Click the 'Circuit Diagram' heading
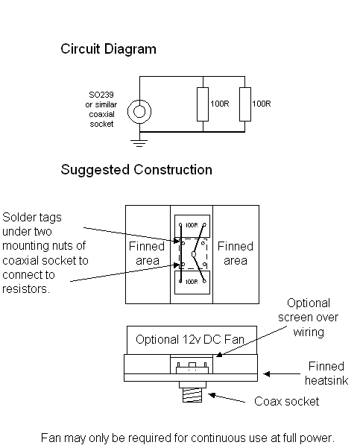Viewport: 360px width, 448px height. [x=108, y=49]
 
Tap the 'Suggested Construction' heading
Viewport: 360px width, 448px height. [x=136, y=170]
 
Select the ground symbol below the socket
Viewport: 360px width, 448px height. [x=139, y=143]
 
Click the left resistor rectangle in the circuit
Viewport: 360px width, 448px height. [x=203, y=104]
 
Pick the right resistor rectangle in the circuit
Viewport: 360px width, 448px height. [x=245, y=104]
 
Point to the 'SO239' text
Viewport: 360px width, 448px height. [x=101, y=95]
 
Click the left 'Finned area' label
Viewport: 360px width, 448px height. [x=147, y=253]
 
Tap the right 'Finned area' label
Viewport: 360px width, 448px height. [x=236, y=253]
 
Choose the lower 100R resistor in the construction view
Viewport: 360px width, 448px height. [x=192, y=283]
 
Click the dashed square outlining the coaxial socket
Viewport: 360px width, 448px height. [x=179, y=253]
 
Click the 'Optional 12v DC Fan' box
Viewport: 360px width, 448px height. [x=192, y=340]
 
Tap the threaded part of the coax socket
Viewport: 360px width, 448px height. [x=192, y=395]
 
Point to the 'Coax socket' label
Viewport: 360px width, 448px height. [x=286, y=402]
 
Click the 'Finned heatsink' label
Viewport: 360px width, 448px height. [x=326, y=373]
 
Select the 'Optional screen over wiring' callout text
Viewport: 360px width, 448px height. [x=309, y=318]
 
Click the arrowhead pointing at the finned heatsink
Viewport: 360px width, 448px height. [x=266, y=373]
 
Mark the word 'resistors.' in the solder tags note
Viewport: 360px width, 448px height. [x=26, y=289]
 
